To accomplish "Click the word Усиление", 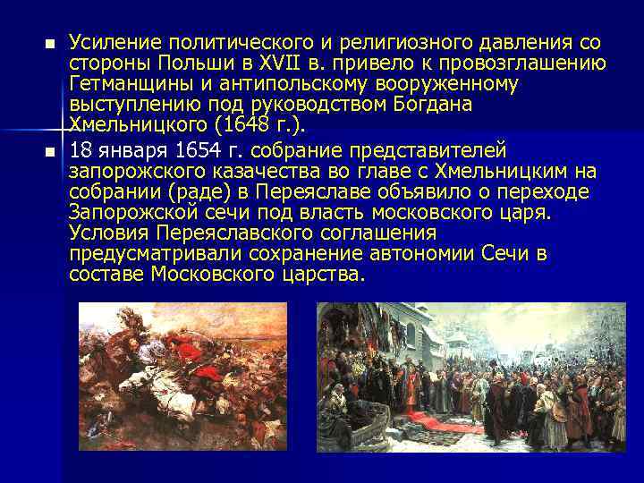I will [x=112, y=43].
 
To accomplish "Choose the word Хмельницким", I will [x=495, y=170].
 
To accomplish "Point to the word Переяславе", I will [x=304, y=191].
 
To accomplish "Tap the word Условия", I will [x=105, y=233].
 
